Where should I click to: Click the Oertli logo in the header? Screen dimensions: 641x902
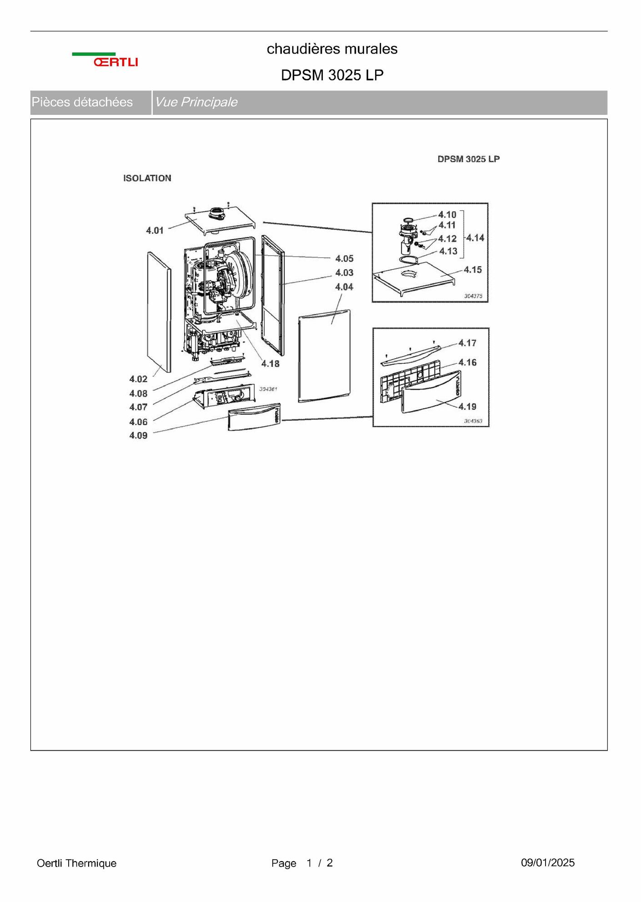coord(105,59)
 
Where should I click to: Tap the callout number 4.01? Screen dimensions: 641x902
coord(155,230)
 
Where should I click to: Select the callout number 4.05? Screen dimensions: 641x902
coord(344,258)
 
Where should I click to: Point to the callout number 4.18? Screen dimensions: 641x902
coord(270,363)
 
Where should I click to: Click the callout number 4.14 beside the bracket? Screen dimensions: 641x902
coord(475,238)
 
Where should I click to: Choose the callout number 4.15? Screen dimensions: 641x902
coord(472,269)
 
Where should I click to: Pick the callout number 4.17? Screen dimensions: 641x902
coord(467,343)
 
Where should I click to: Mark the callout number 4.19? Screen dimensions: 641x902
coord(467,406)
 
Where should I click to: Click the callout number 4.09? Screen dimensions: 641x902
coord(138,435)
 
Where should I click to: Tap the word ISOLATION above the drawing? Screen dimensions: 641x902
coord(147,178)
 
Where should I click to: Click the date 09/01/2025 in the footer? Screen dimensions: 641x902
coord(548,862)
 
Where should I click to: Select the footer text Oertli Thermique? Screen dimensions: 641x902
coord(76,863)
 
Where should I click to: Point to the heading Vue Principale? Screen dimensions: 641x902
coord(196,102)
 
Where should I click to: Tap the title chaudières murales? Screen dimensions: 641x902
coord(332,49)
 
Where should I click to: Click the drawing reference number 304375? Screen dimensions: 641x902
coord(473,296)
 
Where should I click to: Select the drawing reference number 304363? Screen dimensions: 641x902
coord(473,421)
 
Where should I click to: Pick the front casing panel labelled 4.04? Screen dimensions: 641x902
coord(324,356)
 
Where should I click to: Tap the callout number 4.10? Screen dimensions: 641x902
coord(447,214)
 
